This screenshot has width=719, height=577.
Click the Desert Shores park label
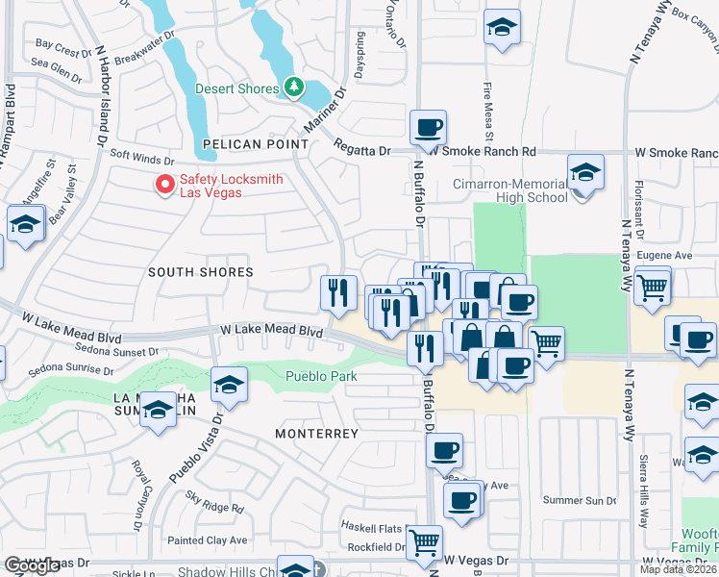pyautogui.click(x=236, y=88)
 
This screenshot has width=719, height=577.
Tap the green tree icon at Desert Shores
pyautogui.click(x=294, y=88)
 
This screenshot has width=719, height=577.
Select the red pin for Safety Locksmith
pyautogui.click(x=165, y=182)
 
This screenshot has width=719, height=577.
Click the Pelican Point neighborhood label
pyautogui.click(x=256, y=144)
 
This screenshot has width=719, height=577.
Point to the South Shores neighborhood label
pyautogui.click(x=200, y=272)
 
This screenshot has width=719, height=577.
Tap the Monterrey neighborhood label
pyautogui.click(x=316, y=434)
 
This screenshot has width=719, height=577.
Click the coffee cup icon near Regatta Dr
pyautogui.click(x=428, y=127)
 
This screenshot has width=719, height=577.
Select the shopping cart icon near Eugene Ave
pyautogui.click(x=653, y=285)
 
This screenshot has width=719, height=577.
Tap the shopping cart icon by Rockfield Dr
pyautogui.click(x=424, y=542)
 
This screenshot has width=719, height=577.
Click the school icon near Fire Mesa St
pyautogui.click(x=501, y=28)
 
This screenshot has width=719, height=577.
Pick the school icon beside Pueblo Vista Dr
pyautogui.click(x=229, y=386)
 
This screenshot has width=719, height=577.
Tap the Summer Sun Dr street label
pyautogui.click(x=580, y=501)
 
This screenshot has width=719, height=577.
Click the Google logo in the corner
pyautogui.click(x=32, y=566)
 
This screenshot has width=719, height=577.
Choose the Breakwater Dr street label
pyautogui.click(x=141, y=57)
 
